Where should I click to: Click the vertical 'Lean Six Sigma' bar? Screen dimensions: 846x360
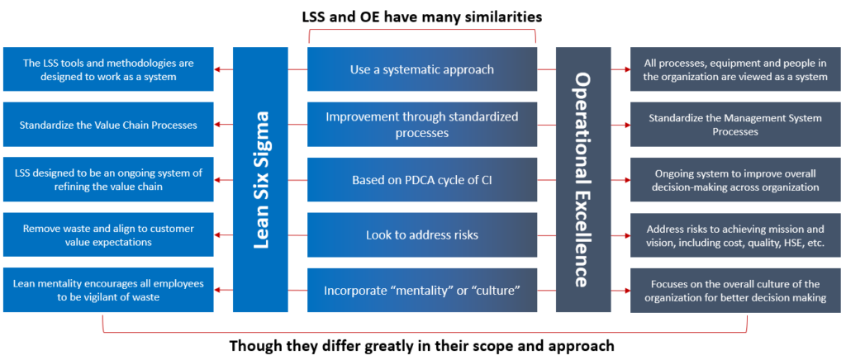tap(260, 179)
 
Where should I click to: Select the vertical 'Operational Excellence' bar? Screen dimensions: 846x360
tap(583, 179)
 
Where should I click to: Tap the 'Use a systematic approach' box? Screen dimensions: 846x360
tap(422, 69)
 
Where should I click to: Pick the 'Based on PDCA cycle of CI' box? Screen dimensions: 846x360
tap(422, 179)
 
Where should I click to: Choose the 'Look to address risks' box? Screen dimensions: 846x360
tap(422, 235)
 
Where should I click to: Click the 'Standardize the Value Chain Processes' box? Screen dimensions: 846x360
tap(108, 125)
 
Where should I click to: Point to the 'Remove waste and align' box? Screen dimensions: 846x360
tap(108, 235)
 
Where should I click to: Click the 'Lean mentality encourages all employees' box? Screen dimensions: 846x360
tap(108, 290)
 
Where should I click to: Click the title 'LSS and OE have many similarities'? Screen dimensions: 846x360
tap(422, 17)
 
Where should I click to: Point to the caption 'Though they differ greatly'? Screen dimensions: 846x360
tap(422, 345)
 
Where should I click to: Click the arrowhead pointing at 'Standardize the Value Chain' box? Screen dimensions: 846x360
tap(217, 125)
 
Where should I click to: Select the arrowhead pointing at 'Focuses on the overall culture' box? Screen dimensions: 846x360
tap(626, 290)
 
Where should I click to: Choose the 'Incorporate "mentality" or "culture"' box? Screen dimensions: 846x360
tap(422, 290)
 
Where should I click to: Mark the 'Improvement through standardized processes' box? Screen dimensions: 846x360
tap(422, 125)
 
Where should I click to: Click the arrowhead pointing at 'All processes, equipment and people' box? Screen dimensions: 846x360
tap(626, 69)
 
